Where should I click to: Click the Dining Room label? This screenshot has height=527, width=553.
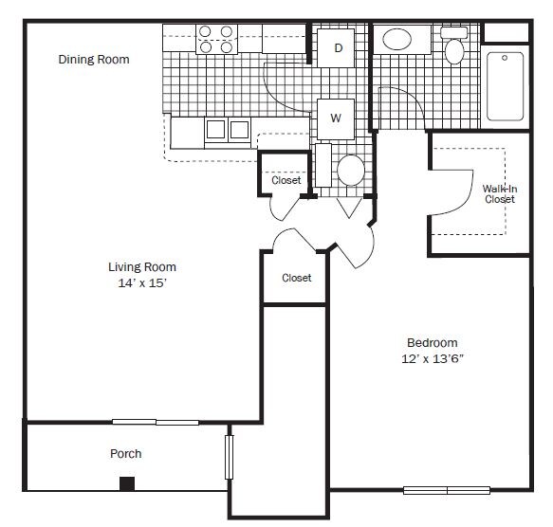94,60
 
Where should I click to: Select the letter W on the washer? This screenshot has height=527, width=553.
335,118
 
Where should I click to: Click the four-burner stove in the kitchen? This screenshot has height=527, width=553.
215,39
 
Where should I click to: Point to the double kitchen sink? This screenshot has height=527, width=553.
227,130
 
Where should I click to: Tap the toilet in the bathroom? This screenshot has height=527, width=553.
455,46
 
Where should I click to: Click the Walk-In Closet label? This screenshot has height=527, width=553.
500,193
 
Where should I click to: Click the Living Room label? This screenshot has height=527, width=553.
142,266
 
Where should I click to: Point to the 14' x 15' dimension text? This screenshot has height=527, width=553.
142,282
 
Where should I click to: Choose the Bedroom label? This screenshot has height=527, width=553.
433,343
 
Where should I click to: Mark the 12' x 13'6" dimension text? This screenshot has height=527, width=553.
433,359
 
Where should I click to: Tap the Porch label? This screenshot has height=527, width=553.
126,453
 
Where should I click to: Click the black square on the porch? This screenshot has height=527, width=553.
127,483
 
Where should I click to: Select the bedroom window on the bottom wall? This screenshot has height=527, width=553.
446,490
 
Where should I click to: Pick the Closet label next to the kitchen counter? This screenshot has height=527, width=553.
286,180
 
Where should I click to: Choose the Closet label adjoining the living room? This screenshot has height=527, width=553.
297,278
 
